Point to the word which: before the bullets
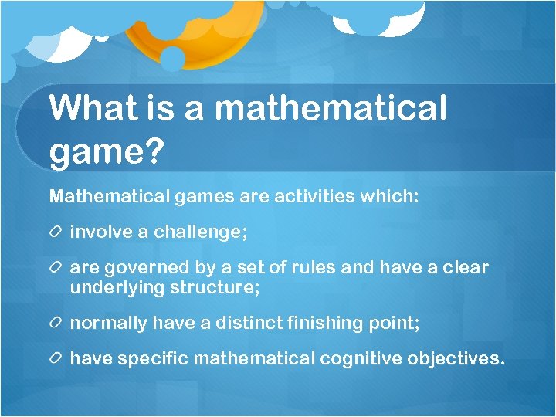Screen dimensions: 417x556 click(389, 196)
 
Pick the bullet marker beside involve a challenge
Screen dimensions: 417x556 click(57, 232)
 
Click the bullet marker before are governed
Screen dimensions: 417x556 click(57, 268)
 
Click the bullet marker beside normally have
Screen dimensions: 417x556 click(57, 324)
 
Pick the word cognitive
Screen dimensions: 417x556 click(358, 359)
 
